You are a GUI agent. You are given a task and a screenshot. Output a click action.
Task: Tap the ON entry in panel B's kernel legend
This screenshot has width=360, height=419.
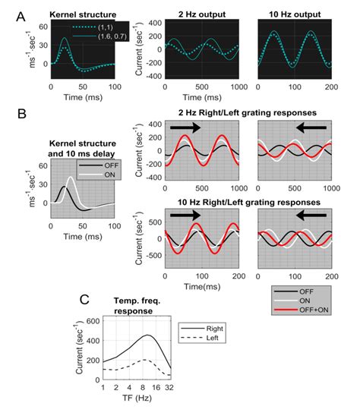(100, 169)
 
